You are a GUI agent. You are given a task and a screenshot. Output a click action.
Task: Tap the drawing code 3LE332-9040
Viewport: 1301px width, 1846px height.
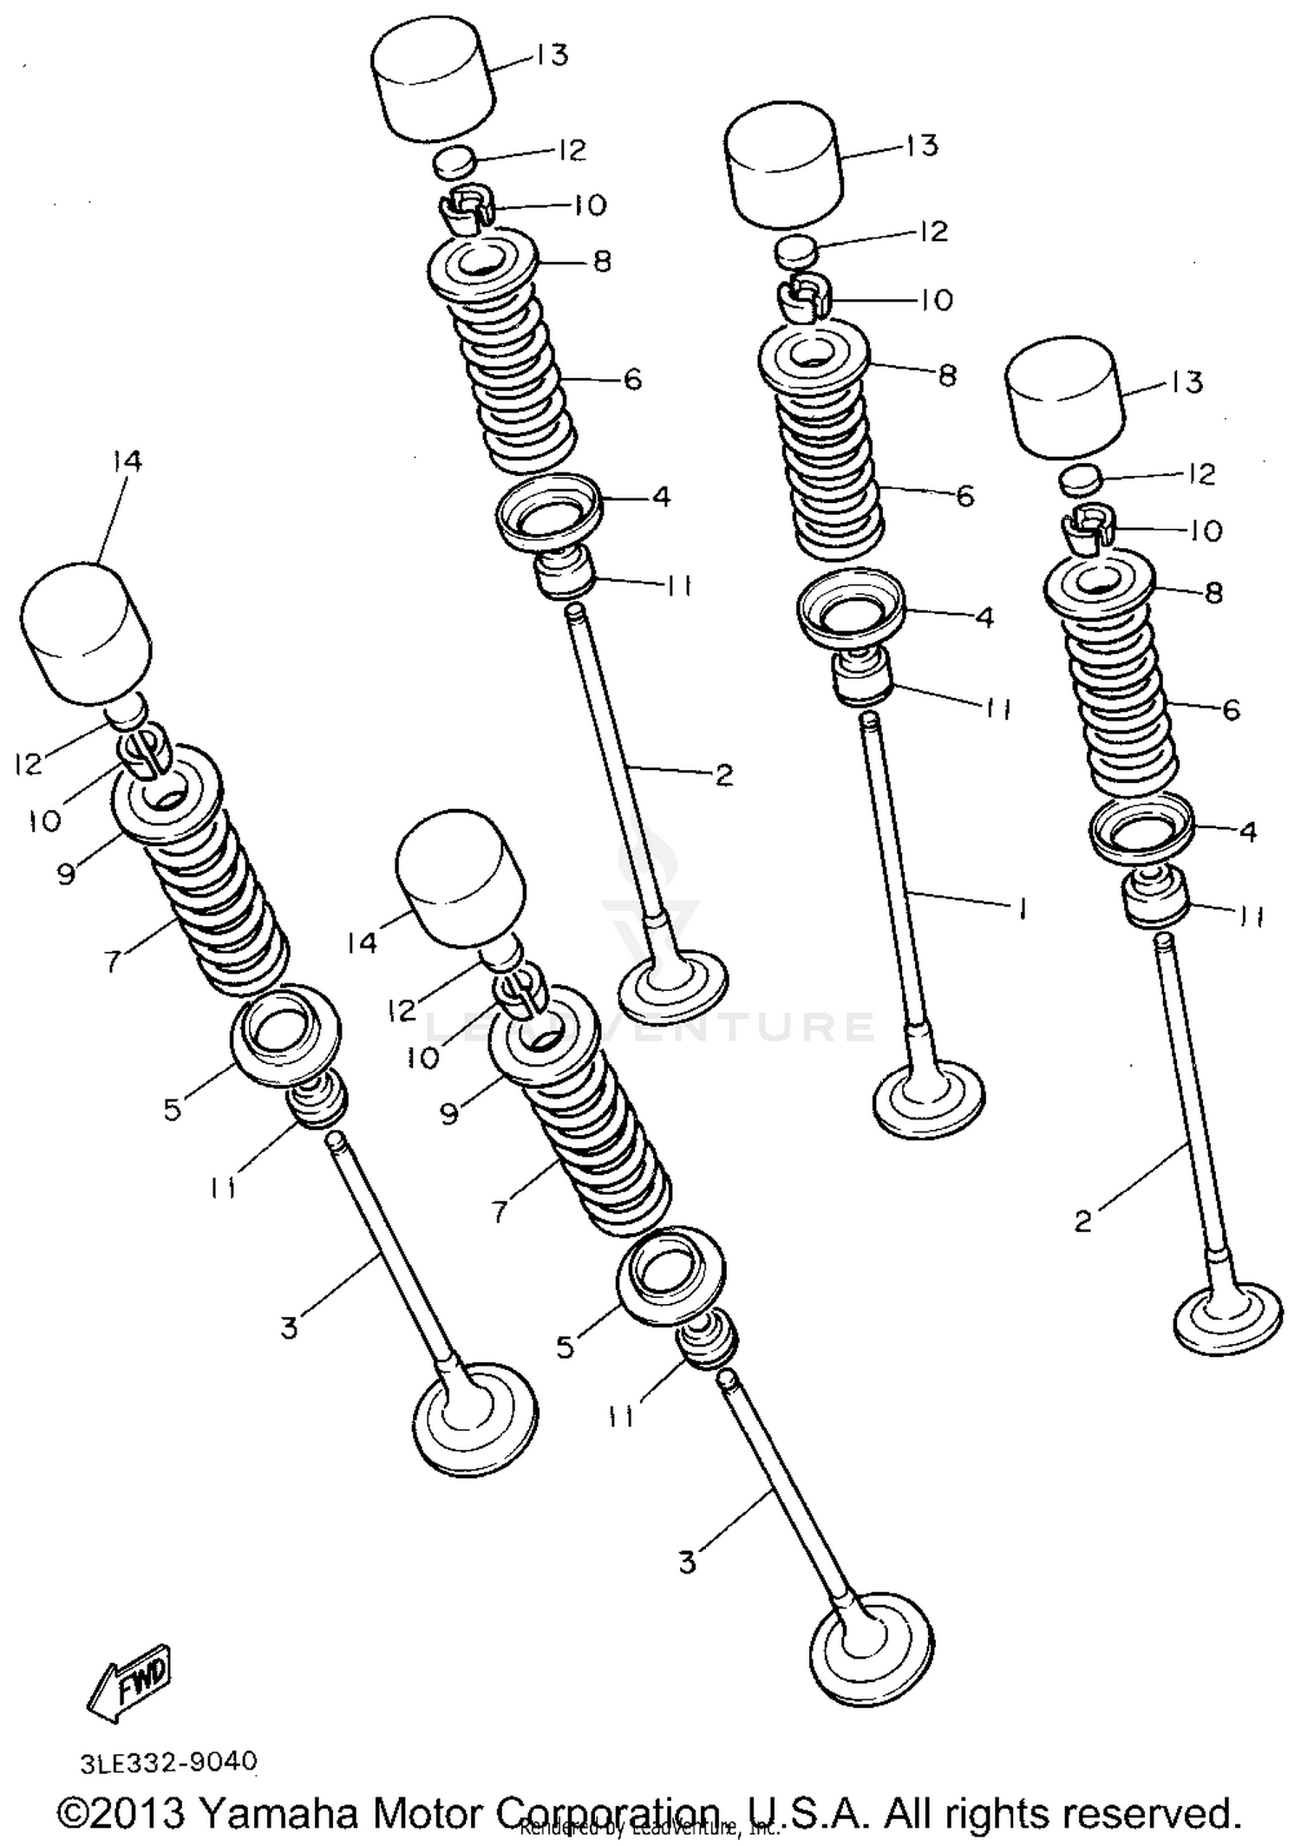(169, 1762)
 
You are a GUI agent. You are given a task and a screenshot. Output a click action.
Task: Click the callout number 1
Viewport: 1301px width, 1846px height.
(1023, 908)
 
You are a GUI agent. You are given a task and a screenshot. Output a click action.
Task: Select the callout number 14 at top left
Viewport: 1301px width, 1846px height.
(127, 461)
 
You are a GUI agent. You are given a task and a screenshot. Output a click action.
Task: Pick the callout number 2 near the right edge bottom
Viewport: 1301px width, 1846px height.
(1082, 1222)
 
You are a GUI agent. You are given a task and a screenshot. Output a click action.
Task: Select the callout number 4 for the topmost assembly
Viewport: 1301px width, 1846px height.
(661, 497)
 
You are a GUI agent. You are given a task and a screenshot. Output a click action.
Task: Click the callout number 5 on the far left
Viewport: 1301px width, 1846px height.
(172, 1108)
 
